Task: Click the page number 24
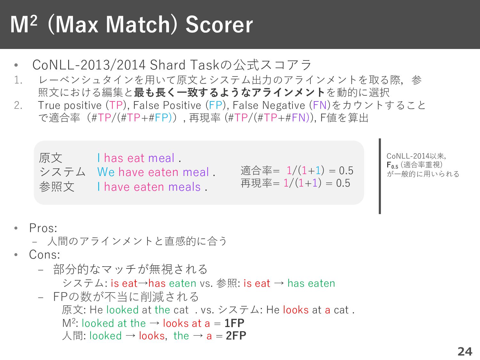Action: [465, 351]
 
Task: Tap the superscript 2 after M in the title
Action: [34, 21]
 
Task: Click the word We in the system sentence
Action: [106, 172]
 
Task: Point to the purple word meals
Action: [184, 187]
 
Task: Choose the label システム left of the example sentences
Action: [62, 172]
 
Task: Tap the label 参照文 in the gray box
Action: [57, 187]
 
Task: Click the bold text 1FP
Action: [234, 323]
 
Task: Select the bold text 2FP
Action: [236, 335]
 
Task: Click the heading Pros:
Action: [43, 228]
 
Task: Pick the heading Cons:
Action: [44, 254]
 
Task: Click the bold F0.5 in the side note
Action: [392, 165]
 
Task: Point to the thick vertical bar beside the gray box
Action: [380, 176]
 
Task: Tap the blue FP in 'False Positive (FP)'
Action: [216, 105]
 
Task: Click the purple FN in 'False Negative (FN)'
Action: [320, 105]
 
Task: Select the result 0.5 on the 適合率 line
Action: [346, 171]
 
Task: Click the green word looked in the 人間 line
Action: [106, 336]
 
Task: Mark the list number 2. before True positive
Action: [18, 105]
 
